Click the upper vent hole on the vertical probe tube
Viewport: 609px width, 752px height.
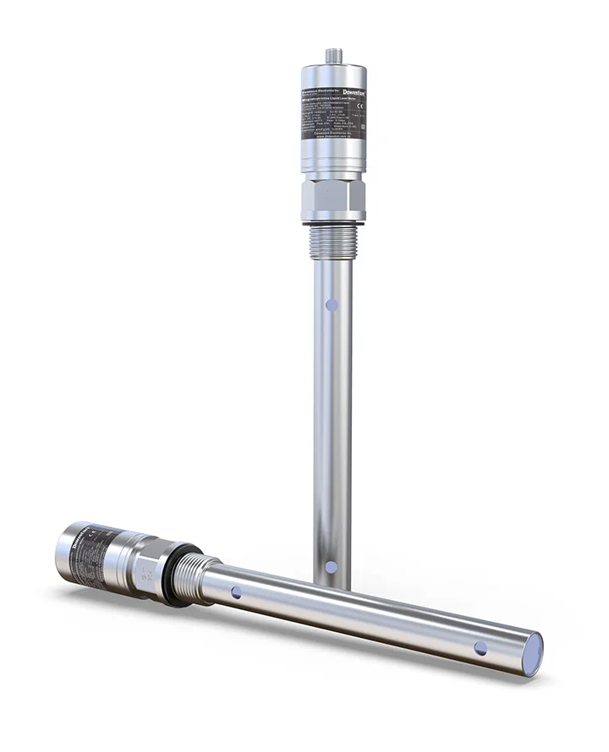(x=332, y=301)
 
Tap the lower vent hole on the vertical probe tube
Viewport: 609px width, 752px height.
(x=331, y=566)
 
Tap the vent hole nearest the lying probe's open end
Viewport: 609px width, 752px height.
(x=480, y=648)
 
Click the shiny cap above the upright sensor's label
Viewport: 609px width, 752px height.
(x=331, y=70)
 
